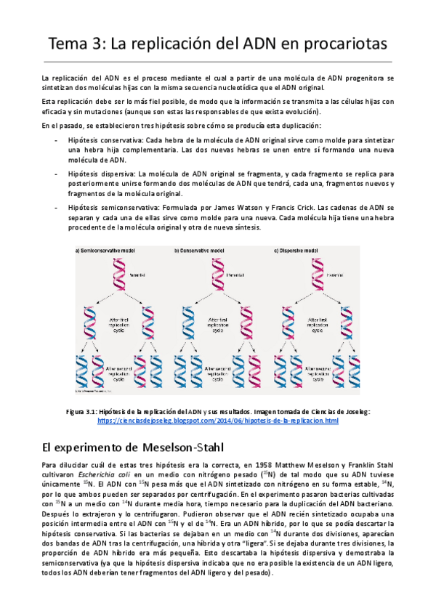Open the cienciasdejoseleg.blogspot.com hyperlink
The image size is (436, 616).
218,421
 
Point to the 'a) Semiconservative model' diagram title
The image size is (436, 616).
109,251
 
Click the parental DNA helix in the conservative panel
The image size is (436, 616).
219,275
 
